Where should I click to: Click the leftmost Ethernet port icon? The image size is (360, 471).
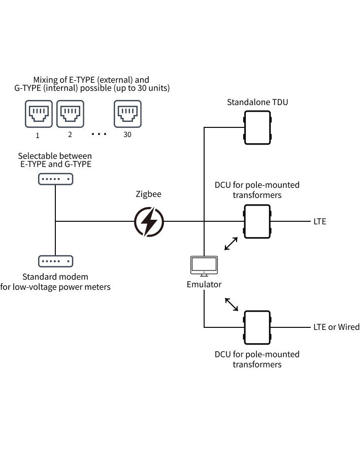tap(39, 114)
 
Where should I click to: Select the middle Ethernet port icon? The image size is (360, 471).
tap(70, 114)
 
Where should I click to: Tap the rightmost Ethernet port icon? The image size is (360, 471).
tap(127, 114)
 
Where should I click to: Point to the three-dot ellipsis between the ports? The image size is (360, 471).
tap(99, 134)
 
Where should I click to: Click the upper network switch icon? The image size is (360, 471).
tap(56, 179)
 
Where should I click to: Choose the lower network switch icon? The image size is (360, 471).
tap(56, 261)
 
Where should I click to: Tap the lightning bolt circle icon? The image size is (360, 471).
tap(149, 222)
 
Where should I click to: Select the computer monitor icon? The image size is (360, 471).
tap(204, 264)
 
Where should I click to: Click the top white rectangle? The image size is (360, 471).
tap(257, 127)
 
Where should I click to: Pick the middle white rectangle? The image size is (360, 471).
tap(257, 221)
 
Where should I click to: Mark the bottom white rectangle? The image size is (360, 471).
tap(257, 327)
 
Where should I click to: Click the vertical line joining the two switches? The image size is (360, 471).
tap(55, 203)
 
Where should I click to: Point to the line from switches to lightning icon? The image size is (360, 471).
tap(94, 221)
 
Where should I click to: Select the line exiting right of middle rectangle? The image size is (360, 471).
tap(290, 221)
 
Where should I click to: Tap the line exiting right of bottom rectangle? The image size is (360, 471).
tap(290, 327)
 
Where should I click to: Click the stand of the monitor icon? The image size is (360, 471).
tap(204, 275)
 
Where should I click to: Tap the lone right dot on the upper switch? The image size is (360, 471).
tap(68, 179)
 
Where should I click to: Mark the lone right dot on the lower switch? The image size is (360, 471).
tap(68, 261)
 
